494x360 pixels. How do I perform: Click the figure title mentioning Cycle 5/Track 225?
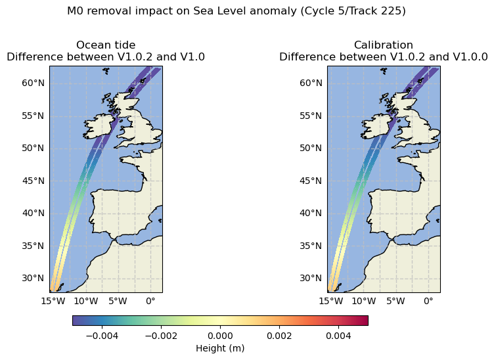coord(236,11)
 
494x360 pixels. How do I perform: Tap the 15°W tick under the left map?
coord(53,301)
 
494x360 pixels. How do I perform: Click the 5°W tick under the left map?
coord(118,301)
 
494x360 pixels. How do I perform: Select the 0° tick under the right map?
coord(428,301)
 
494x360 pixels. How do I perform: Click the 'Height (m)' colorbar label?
coord(220,348)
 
